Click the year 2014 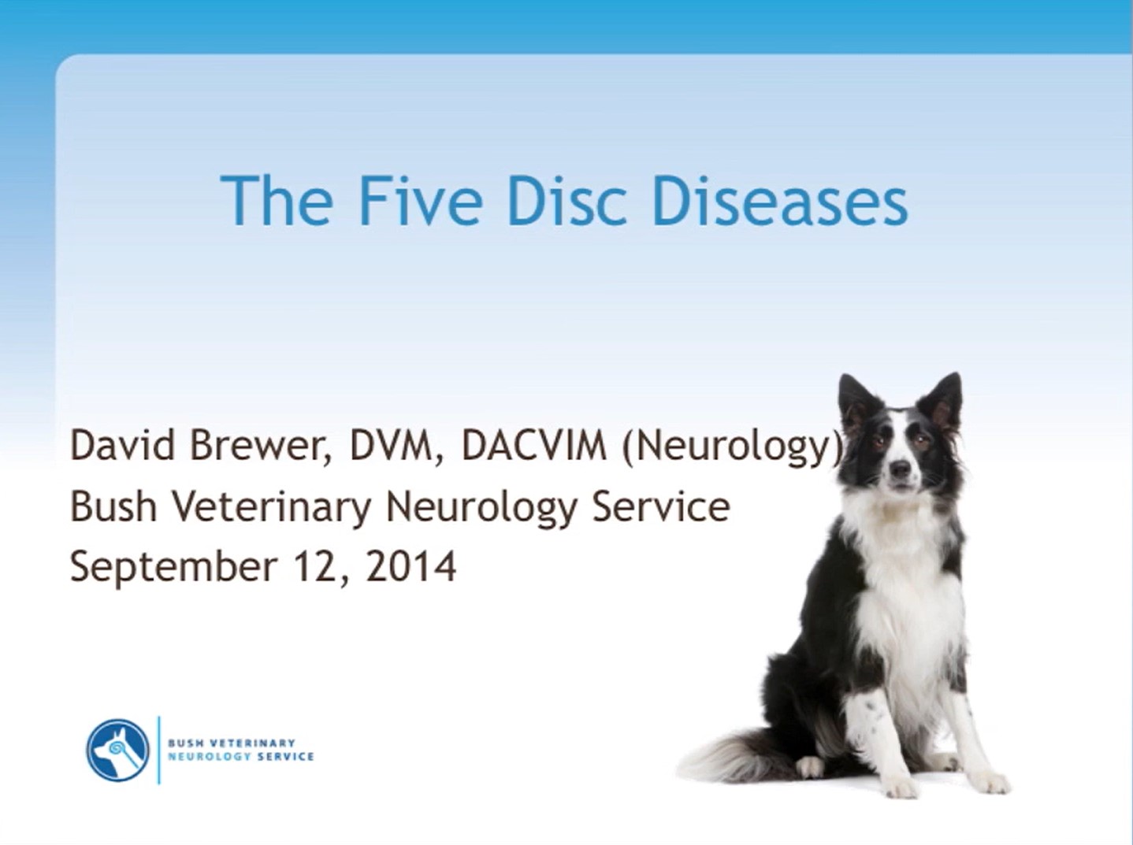tap(410, 566)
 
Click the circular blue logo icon tap(117, 750)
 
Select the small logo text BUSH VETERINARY tap(231, 743)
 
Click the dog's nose tap(899, 469)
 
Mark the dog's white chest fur tap(906, 583)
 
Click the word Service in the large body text tap(660, 506)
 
